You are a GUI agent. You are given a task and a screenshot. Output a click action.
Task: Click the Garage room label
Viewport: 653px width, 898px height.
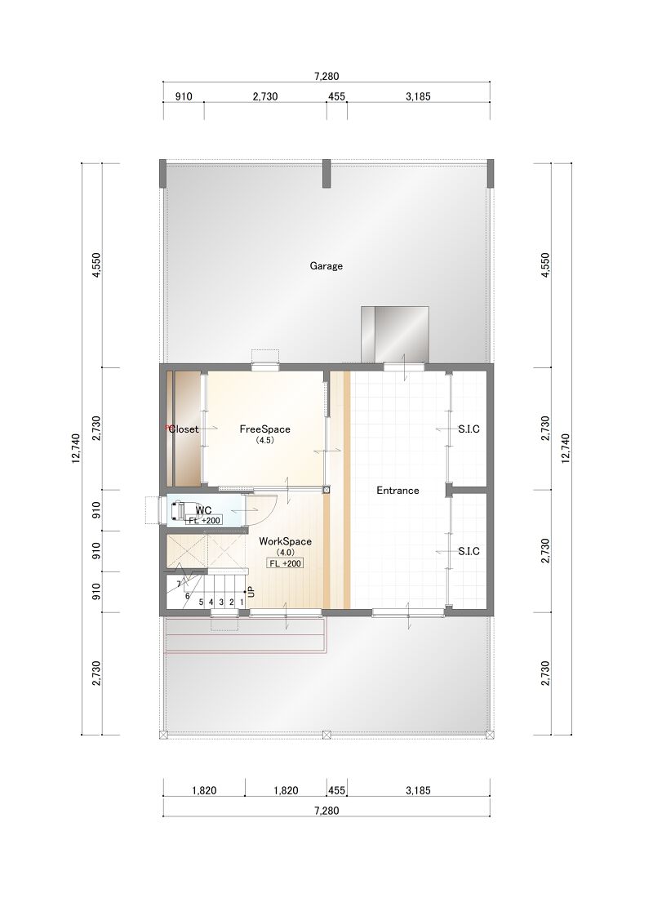(326, 266)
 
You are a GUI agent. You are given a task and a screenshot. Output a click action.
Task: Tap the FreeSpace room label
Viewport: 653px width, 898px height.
(264, 429)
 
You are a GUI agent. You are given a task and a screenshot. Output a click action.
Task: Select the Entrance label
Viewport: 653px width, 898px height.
(398, 491)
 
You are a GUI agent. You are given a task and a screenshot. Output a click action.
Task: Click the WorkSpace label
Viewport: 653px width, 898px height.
(285, 541)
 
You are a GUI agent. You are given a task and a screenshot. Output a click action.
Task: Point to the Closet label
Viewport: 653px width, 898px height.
(184, 429)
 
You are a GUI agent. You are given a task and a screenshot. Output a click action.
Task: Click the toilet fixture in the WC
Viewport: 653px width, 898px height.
(176, 509)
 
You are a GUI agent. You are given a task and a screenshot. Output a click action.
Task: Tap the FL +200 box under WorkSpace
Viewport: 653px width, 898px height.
(285, 563)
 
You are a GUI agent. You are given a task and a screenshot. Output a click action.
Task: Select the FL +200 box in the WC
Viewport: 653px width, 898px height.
(205, 521)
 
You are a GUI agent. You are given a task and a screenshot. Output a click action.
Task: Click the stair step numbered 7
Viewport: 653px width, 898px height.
(179, 585)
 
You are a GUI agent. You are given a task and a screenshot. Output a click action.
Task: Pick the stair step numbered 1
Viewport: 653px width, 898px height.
(242, 602)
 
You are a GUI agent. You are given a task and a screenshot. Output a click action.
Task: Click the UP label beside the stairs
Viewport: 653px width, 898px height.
(251, 592)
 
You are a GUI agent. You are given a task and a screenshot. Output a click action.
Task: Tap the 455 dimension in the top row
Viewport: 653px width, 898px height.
(336, 96)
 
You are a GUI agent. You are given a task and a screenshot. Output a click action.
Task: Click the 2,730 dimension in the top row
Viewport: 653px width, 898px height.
(265, 96)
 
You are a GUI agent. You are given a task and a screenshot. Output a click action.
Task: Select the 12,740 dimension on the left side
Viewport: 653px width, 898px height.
(76, 449)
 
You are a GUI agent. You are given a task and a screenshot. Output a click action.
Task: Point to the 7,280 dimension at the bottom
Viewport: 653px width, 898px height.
(326, 811)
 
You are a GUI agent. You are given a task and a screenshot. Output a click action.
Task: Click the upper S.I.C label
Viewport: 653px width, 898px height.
(469, 429)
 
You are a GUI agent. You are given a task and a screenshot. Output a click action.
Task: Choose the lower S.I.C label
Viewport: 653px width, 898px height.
(469, 552)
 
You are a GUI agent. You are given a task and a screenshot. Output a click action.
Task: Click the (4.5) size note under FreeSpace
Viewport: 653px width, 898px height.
(264, 440)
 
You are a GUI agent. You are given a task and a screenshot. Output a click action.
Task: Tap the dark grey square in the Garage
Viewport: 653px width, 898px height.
(395, 335)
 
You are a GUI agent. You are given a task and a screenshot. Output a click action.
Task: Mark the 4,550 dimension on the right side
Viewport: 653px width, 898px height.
(544, 265)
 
